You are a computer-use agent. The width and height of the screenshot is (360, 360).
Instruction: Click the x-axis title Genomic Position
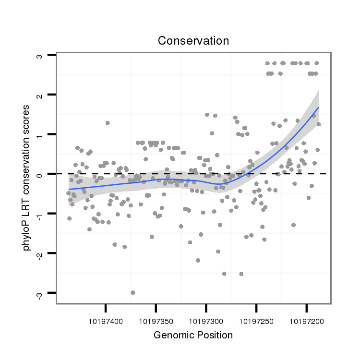(193, 335)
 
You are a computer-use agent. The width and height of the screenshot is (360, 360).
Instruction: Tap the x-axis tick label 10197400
(106, 319)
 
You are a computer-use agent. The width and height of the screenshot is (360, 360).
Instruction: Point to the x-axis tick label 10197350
(156, 319)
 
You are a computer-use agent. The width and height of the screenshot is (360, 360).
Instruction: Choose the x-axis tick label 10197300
(206, 319)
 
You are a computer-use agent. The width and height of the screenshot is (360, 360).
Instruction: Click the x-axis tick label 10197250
(256, 319)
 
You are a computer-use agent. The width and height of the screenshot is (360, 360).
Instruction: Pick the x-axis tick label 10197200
(306, 319)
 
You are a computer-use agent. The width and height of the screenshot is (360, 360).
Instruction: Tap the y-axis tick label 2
(40, 95)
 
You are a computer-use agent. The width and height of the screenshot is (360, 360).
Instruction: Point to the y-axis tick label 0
(40, 174)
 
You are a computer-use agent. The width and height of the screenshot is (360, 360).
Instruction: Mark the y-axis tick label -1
(40, 214)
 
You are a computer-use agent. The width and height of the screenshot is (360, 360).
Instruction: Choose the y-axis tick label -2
(40, 253)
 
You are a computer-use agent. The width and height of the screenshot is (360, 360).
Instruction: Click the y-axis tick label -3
(40, 293)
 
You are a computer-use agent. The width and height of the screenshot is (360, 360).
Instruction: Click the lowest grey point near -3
(132, 292)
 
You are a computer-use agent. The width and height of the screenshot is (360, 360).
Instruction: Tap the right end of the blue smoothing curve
(318, 108)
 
